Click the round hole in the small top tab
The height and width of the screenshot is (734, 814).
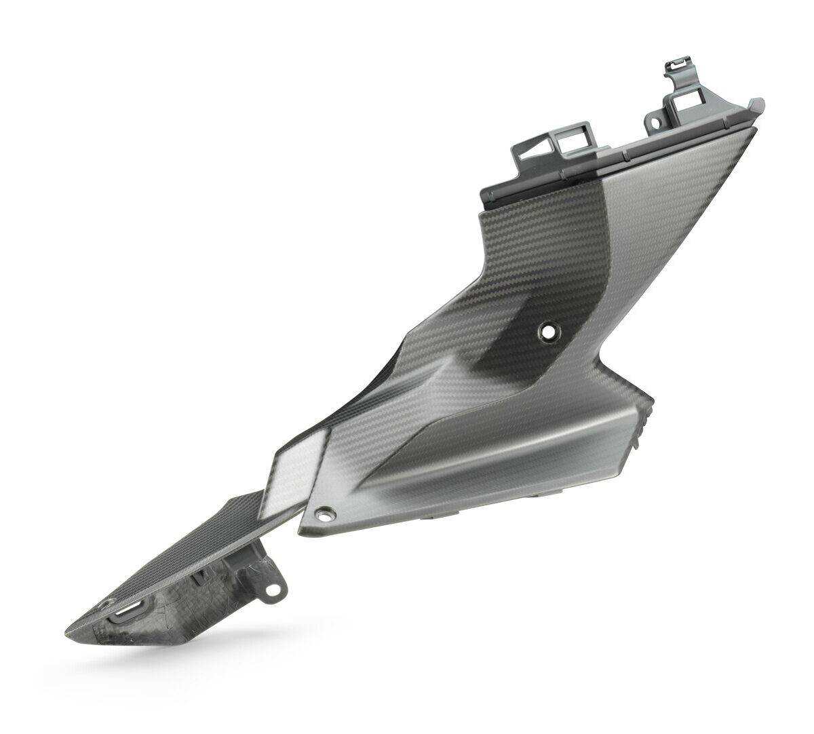656,125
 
